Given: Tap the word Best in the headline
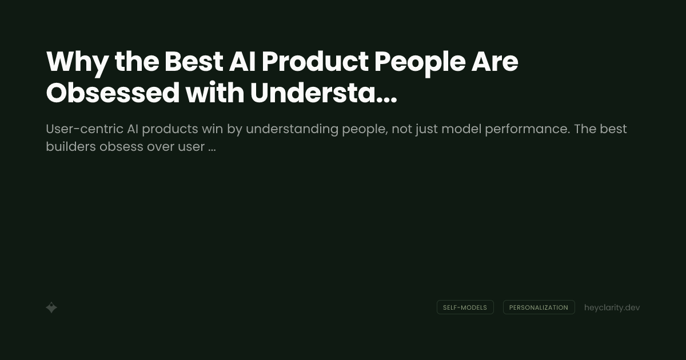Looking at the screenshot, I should [x=193, y=62].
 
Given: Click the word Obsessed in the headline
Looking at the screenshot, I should [x=113, y=93].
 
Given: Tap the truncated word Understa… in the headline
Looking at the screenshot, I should [x=323, y=93].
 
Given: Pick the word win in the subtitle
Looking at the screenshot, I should [x=212, y=129].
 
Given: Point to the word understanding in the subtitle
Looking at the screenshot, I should [x=292, y=129].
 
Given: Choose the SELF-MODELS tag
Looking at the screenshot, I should [x=465, y=307].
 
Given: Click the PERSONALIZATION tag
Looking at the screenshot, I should [x=539, y=307].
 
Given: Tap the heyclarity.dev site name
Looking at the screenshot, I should [x=612, y=307].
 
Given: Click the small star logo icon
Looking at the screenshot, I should [x=51, y=307].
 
